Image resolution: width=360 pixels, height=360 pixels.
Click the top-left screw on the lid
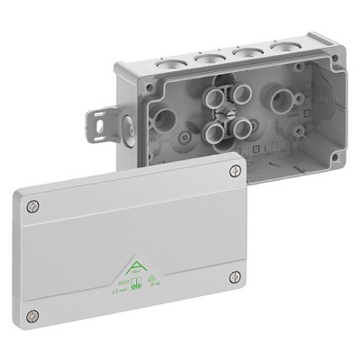[34, 206]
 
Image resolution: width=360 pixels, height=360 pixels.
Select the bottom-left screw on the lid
[33, 315]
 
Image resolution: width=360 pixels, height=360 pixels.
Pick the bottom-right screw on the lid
[235, 276]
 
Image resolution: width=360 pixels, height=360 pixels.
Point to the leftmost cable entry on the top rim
[168, 57]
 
